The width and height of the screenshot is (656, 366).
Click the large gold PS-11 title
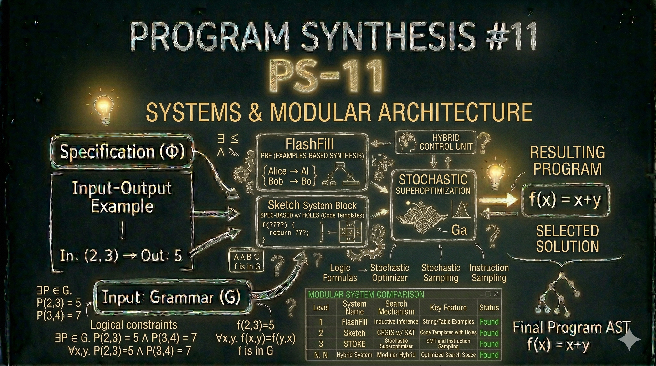tap(323, 76)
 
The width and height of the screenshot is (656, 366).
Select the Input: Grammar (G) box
tap(171, 297)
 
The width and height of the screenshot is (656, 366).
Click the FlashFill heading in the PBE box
tap(309, 145)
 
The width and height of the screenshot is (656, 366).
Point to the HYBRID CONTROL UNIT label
tap(446, 142)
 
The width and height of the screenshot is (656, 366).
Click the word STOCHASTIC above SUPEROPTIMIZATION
tap(433, 180)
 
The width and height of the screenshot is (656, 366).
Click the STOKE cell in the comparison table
tap(354, 344)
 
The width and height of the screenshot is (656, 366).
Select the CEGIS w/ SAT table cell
tap(396, 333)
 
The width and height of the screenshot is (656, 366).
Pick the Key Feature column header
tap(448, 308)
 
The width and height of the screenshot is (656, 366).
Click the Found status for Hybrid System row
tap(489, 355)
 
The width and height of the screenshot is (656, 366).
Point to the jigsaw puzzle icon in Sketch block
tap(350, 232)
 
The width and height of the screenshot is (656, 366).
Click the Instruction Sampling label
tap(489, 273)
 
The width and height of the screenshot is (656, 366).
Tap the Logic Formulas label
tap(340, 273)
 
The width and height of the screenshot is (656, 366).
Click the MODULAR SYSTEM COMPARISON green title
tap(366, 295)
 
